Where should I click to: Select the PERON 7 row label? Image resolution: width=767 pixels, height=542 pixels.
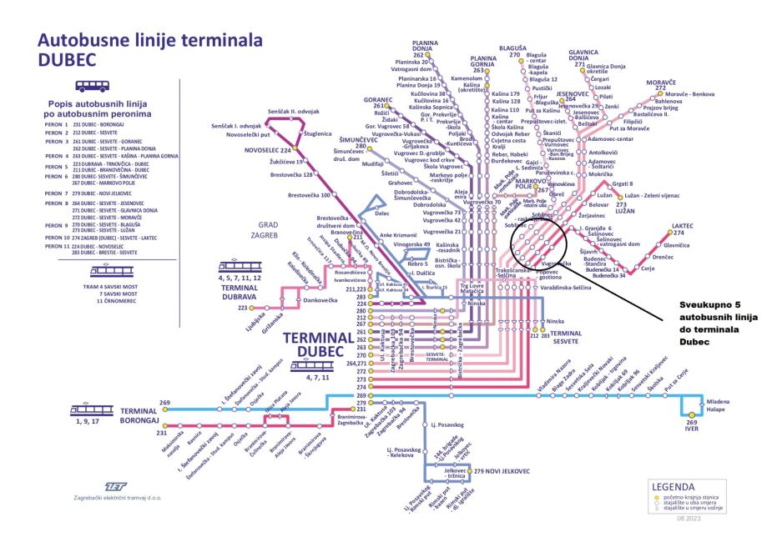pyautogui.click(x=54, y=193)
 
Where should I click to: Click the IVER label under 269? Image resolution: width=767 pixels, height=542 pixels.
pyautogui.click(x=692, y=429)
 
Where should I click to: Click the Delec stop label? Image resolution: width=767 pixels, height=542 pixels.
pyautogui.click(x=383, y=213)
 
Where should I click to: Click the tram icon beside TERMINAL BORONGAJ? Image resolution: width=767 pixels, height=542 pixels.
pyautogui.click(x=88, y=411)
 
